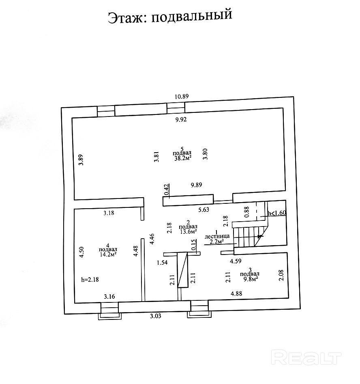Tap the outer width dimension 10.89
[182, 97]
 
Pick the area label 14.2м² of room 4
[108, 255]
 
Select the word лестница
[218, 235]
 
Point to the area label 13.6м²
[188, 232]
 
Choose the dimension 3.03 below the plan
[155, 317]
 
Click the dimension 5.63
[204, 210]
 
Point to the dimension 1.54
[162, 263]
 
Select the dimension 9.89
[197, 185]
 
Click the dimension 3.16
[109, 296]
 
